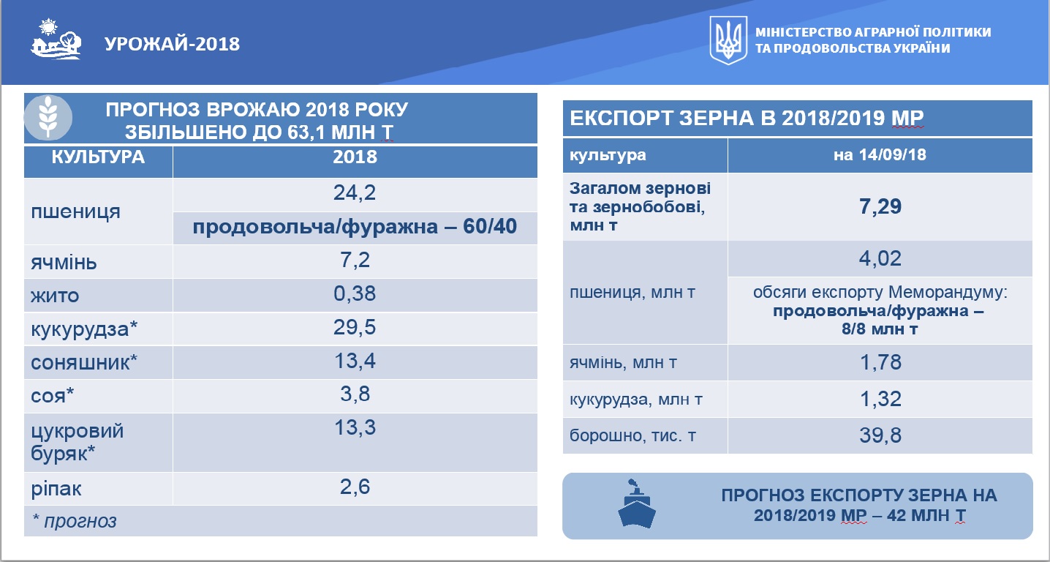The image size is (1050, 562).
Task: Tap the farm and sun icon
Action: point(56,39)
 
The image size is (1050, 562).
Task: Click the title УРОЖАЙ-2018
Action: point(172,44)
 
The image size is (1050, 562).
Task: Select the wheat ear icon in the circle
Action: point(48,117)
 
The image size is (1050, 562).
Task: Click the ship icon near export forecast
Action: point(636,504)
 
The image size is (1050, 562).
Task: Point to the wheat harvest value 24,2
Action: point(355,192)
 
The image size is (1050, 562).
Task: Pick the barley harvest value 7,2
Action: point(355,260)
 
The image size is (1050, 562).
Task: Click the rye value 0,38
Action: point(355,293)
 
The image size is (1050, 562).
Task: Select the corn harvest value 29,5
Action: point(355,327)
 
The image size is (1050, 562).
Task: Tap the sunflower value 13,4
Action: point(355,361)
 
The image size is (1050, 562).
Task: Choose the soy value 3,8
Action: point(355,394)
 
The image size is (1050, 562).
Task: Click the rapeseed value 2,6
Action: point(355,487)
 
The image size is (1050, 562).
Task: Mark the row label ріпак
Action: point(56,490)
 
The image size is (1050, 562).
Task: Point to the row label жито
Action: point(55,296)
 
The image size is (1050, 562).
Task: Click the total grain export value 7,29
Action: point(880,207)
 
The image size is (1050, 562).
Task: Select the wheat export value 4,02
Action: point(880,259)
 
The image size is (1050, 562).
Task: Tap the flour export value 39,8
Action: point(880,435)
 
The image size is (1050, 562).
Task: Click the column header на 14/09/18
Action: point(880,155)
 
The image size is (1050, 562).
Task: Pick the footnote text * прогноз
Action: point(75,521)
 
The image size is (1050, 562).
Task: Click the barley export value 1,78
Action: point(880,363)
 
